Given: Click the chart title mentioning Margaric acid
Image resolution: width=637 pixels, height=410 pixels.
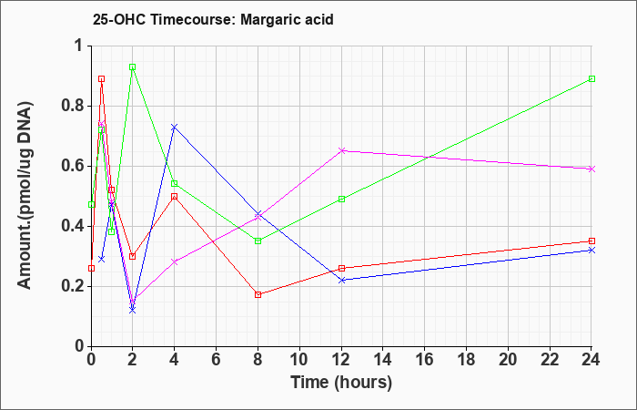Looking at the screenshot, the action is (x=213, y=19).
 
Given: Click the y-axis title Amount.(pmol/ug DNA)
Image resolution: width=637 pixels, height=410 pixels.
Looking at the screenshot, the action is (x=25, y=196).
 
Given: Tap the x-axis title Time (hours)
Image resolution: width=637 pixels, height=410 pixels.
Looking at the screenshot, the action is (x=341, y=383).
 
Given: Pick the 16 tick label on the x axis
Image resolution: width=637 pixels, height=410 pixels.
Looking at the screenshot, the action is (x=425, y=359).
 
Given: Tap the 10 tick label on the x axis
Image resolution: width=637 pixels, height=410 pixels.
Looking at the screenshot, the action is (x=299, y=359).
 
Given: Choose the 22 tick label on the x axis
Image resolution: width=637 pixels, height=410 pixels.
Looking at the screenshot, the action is (x=550, y=359).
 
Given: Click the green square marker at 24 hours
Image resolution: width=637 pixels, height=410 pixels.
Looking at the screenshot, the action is (x=591, y=79).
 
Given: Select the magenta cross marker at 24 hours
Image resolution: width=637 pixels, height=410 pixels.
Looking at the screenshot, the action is (x=591, y=169).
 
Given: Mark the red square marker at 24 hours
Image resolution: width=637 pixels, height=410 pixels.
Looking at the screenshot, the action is (x=591, y=241).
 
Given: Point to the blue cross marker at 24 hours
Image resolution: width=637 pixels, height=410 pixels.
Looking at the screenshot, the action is (x=591, y=251).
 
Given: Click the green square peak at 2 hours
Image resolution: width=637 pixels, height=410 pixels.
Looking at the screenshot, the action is (x=133, y=67).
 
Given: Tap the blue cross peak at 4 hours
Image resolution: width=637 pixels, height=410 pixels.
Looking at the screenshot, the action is (x=175, y=127).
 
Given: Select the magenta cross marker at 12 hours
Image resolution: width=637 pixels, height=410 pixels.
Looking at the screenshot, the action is (x=341, y=151).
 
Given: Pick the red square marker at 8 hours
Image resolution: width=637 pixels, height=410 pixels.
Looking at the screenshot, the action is (x=258, y=295).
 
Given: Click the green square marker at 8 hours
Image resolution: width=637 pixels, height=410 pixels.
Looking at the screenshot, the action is (x=258, y=241).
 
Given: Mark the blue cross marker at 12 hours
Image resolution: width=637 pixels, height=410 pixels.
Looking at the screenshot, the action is (x=341, y=281).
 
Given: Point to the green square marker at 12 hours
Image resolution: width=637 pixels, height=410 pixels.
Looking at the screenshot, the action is (x=341, y=200).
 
